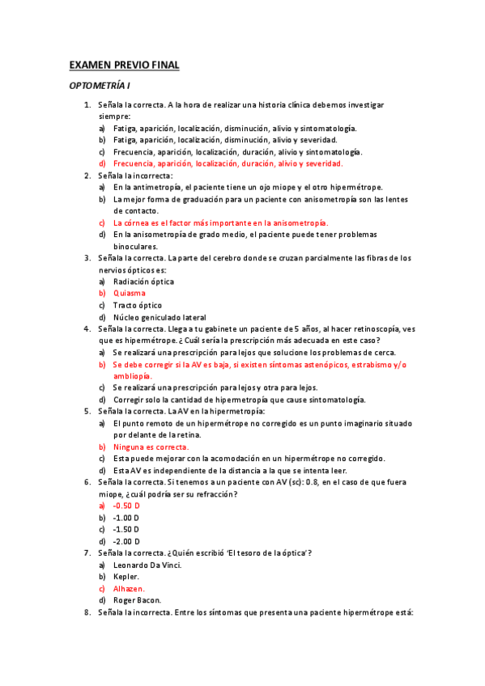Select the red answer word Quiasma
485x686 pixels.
[130, 294]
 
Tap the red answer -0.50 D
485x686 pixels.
[126, 505]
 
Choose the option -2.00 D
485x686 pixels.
[126, 541]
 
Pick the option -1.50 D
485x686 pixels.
[126, 529]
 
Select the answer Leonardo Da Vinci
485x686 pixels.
[147, 565]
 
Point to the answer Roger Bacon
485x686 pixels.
[137, 600]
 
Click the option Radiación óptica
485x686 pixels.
[143, 282]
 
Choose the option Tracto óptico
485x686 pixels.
[138, 305]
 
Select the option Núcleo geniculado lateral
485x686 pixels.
[160, 317]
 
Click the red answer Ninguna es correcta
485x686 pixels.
[151, 447]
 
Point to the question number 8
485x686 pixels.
[87, 612]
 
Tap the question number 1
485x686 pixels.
[87, 105]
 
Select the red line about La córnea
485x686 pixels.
[220, 222]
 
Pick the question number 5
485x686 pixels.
[87, 411]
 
